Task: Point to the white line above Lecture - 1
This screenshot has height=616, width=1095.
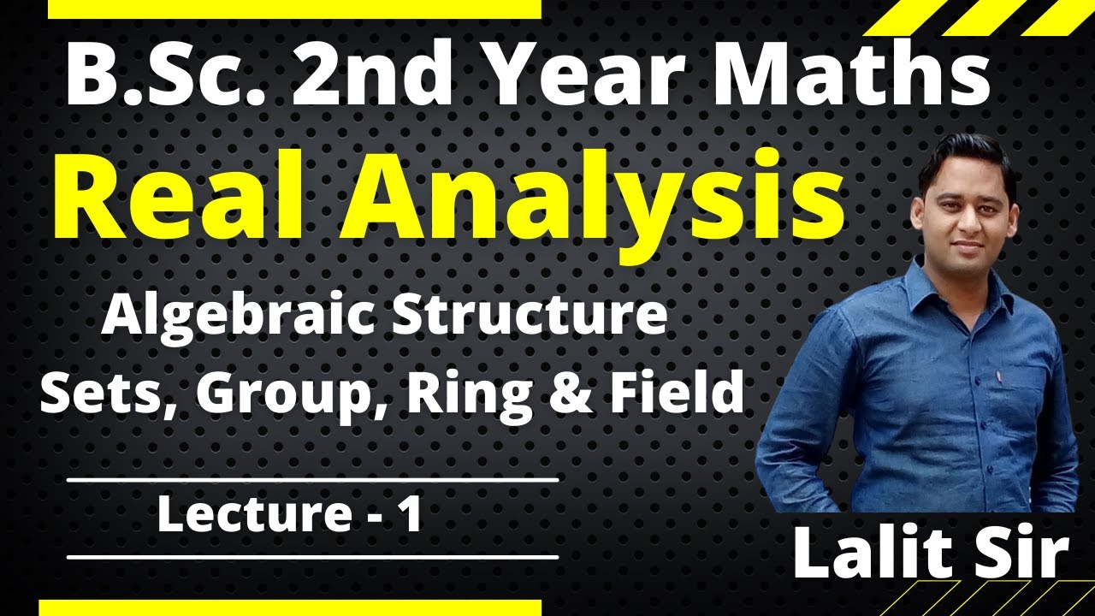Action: coord(312,480)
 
